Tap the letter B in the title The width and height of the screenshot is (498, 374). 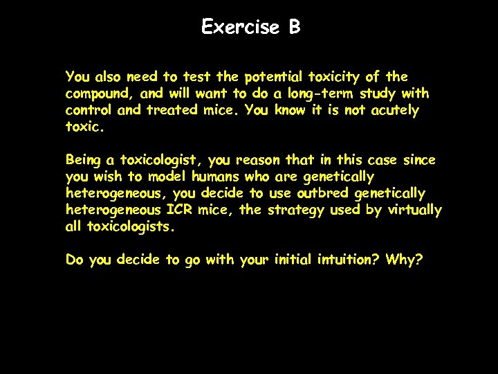point(295,27)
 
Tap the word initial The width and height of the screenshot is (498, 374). point(293,260)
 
